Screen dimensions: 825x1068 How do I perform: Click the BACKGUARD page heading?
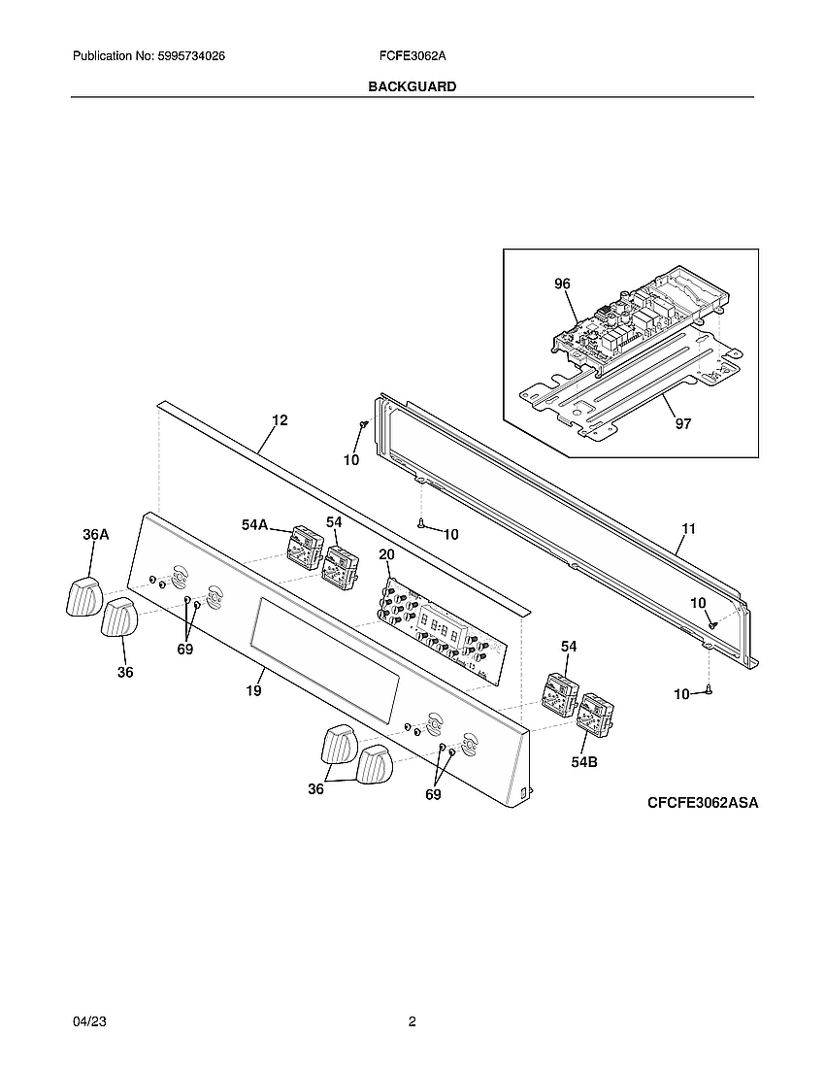(x=412, y=86)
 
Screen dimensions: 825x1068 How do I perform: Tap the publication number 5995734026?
(x=191, y=56)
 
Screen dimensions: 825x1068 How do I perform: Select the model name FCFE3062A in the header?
(x=412, y=56)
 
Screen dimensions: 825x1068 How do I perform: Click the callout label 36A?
(x=96, y=535)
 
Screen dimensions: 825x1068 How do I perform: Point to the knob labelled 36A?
(x=83, y=597)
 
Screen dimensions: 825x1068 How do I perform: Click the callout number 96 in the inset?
(x=562, y=284)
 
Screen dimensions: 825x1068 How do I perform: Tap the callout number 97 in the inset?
(x=682, y=423)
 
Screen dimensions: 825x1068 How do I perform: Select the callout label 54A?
(x=254, y=524)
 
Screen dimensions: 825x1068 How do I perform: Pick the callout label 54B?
(x=584, y=762)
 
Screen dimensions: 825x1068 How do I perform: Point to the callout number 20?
(x=386, y=555)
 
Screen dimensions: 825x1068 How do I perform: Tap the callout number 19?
(x=253, y=690)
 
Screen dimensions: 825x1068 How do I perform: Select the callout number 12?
(x=280, y=420)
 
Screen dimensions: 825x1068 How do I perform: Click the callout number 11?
(x=689, y=528)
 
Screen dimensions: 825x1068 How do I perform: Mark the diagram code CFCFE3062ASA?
(x=703, y=802)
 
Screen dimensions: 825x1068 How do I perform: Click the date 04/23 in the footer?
(x=89, y=1021)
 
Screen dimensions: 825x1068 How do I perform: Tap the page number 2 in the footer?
(x=412, y=1021)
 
